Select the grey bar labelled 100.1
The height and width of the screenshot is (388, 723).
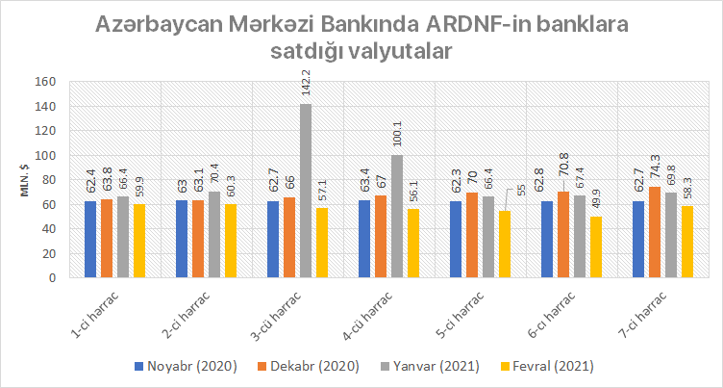click(397, 216)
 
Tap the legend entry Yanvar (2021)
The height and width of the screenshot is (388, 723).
click(444, 366)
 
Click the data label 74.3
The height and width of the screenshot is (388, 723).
click(655, 164)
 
